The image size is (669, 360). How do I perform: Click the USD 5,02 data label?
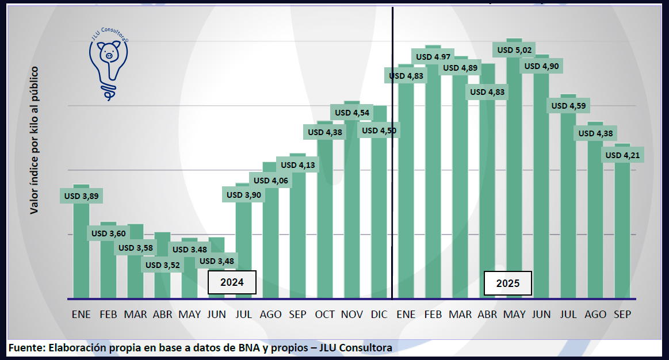(x=515, y=50)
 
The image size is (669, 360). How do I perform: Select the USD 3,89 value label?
(x=81, y=196)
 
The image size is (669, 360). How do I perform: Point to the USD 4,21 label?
(x=623, y=155)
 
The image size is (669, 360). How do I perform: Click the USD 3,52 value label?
(x=163, y=265)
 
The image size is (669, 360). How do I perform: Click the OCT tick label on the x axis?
(x=324, y=315)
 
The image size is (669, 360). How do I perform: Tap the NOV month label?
(x=351, y=315)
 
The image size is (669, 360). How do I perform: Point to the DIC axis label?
(x=379, y=315)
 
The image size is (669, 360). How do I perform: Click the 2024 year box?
(x=232, y=282)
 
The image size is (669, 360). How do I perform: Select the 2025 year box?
(x=508, y=284)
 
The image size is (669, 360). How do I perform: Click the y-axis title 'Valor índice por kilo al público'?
(x=34, y=140)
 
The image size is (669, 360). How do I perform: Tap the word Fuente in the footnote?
(x=26, y=348)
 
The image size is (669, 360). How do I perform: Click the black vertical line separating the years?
(x=392, y=173)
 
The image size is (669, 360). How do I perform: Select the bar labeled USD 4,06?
(x=270, y=242)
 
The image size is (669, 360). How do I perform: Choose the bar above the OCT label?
(x=324, y=219)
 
